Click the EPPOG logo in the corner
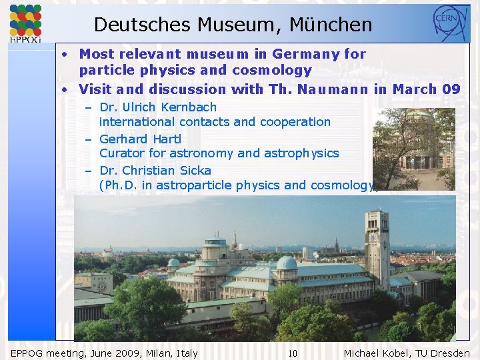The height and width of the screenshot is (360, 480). pyautogui.click(x=25, y=23)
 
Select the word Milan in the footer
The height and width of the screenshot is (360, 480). pyautogui.click(x=149, y=353)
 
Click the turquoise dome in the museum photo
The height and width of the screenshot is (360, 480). pyautogui.click(x=286, y=263)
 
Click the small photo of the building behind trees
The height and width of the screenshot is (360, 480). pyautogui.click(x=413, y=149)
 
